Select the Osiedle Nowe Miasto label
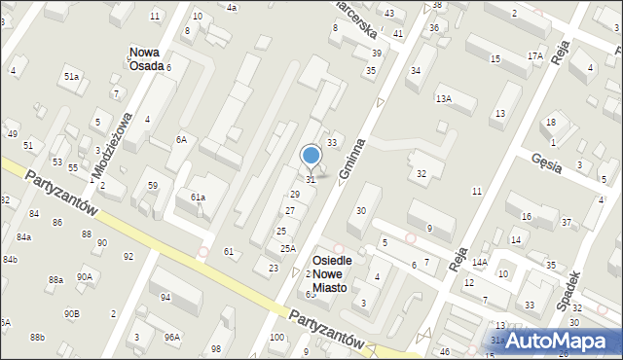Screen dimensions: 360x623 [x=338, y=270]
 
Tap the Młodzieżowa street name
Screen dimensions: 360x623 [x=111, y=145]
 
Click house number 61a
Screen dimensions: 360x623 [x=198, y=198]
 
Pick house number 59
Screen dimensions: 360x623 [x=152, y=185]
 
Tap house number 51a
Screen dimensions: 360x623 [x=71, y=76]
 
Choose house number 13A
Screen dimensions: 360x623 [x=444, y=98]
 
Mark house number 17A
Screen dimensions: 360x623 [x=534, y=56]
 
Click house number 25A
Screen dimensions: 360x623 [x=288, y=248]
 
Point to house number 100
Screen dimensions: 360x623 [x=277, y=337]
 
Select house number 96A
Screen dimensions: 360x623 [x=171, y=337]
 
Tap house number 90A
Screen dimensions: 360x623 [x=85, y=276]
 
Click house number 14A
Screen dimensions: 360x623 [x=479, y=262]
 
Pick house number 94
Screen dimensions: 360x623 [x=165, y=297]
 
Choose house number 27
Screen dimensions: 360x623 [x=290, y=211]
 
